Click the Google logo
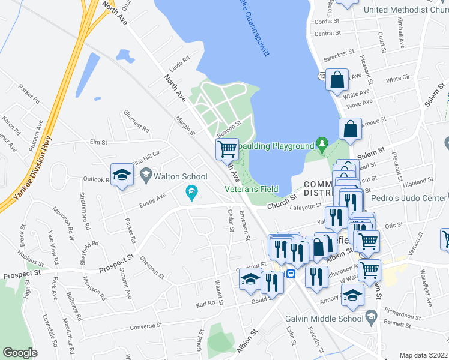[x=20, y=353]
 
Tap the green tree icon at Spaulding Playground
[x=322, y=145]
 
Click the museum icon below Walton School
[x=191, y=193]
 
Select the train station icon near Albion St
[x=291, y=274]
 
